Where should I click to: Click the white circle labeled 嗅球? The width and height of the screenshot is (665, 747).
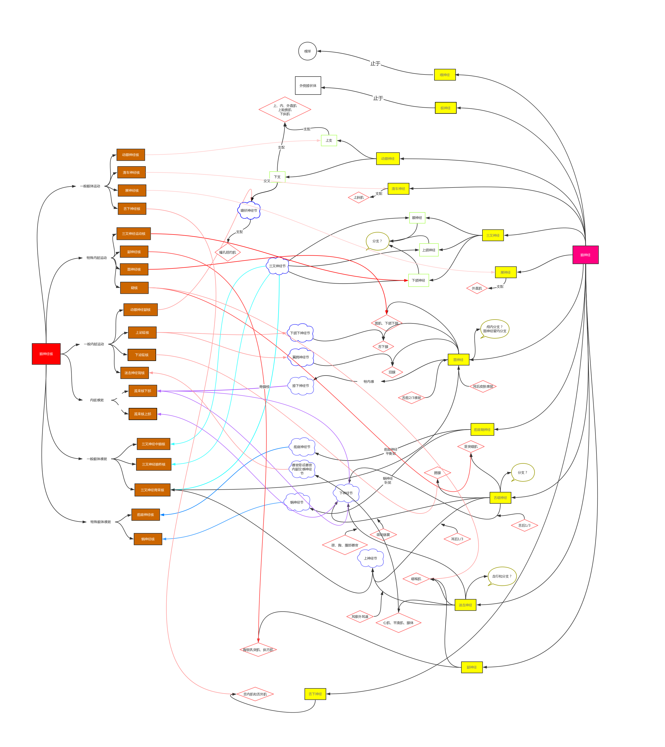(x=307, y=51)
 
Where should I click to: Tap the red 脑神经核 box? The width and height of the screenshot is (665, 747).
(x=46, y=354)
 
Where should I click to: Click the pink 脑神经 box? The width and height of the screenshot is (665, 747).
(x=585, y=255)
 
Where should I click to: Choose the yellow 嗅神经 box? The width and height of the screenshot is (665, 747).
(x=445, y=75)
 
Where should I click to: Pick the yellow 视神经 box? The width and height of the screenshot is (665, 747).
(x=445, y=108)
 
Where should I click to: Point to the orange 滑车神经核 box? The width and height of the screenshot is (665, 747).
(x=131, y=173)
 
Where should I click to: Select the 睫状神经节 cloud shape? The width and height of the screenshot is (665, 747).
(x=249, y=210)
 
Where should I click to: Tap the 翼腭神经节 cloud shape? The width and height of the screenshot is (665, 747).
(x=301, y=357)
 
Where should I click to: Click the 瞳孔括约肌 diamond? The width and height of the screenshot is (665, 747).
(x=227, y=252)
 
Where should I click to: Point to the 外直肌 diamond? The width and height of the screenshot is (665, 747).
(x=477, y=288)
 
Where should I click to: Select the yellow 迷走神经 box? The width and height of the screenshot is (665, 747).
(x=465, y=605)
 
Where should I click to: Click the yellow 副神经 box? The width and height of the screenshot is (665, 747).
(x=472, y=667)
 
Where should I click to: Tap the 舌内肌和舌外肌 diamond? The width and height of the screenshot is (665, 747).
(x=255, y=694)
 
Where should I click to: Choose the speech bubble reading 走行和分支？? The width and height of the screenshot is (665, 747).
(x=502, y=576)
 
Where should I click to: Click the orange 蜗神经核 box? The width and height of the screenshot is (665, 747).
(x=148, y=539)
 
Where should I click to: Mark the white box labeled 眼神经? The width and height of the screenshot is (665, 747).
(x=417, y=218)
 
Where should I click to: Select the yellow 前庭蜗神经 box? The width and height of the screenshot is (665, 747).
(x=482, y=429)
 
